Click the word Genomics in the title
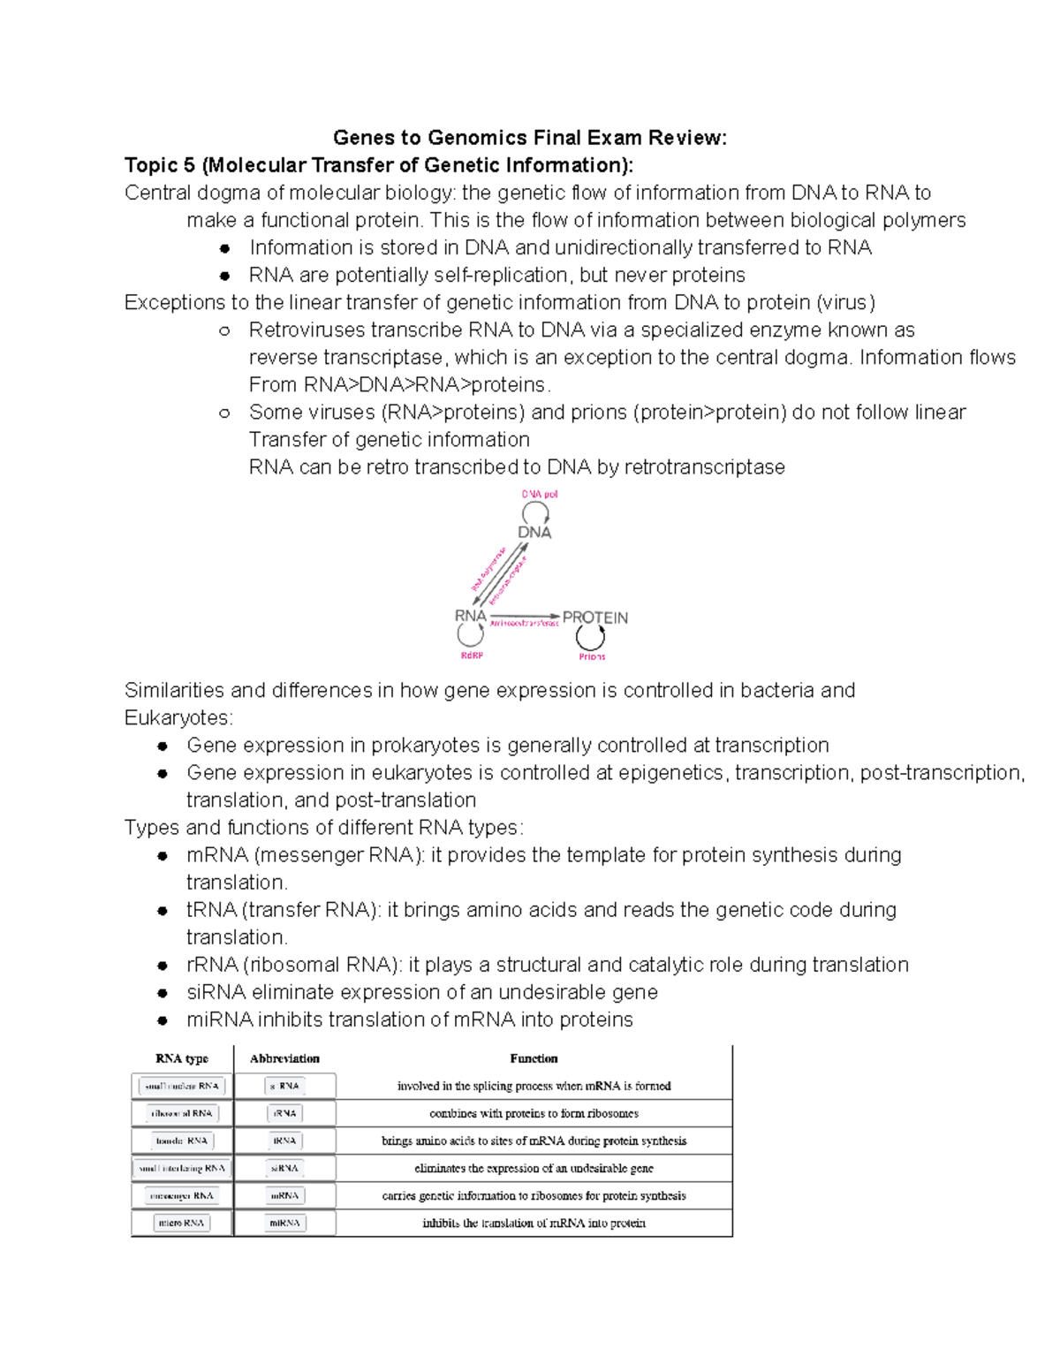(477, 138)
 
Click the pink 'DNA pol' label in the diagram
(539, 494)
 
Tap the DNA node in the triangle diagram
(534, 532)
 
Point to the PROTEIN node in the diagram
(594, 618)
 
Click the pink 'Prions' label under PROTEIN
(592, 656)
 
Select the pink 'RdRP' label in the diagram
(472, 656)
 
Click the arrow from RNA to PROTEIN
(525, 616)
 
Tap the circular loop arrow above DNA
(535, 512)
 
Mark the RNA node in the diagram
(470, 616)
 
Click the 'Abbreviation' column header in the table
(284, 1058)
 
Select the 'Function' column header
(534, 1058)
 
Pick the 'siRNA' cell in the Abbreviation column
(284, 1168)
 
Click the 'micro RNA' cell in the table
(182, 1223)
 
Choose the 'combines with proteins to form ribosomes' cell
(534, 1113)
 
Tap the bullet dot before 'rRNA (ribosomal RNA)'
(163, 966)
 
